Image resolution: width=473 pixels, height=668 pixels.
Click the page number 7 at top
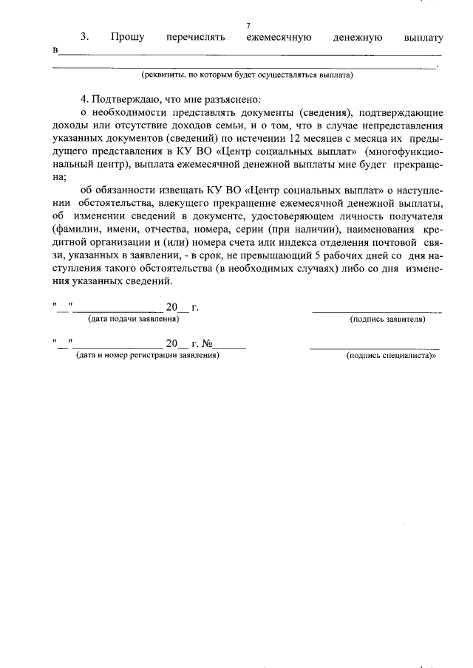248,26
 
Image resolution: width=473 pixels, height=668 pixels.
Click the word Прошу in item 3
127,37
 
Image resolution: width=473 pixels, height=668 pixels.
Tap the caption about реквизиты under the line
248,75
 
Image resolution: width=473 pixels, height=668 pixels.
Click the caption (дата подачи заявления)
132,319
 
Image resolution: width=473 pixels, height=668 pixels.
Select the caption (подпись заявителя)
387,320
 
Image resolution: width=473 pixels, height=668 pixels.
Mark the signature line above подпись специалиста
374,348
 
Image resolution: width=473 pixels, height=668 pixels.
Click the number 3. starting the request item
84,37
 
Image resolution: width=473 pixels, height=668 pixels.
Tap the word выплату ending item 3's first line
423,37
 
